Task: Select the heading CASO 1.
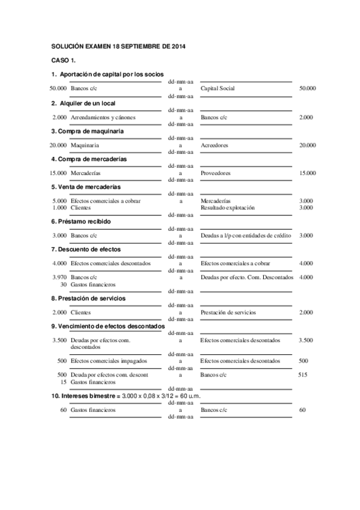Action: tap(63, 61)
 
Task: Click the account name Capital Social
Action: tap(217, 88)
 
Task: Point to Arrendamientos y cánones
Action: tap(103, 117)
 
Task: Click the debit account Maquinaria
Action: tap(85, 145)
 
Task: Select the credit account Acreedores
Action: tap(214, 145)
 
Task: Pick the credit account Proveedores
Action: tap(215, 173)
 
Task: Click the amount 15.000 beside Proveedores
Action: tap(307, 173)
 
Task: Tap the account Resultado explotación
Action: tap(228, 207)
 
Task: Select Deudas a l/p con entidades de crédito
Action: tap(246, 235)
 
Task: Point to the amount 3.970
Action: tap(59, 277)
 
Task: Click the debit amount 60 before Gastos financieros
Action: tap(63, 410)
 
